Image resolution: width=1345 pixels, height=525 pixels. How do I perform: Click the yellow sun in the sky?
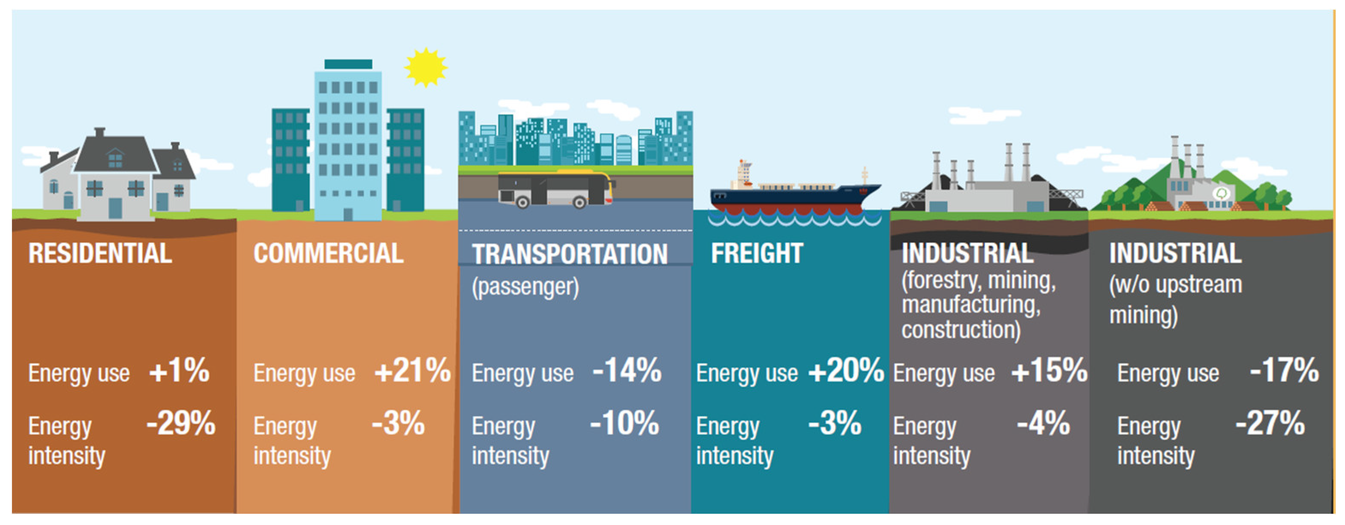coord(426,67)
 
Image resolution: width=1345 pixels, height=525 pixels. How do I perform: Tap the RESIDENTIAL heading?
coord(100,254)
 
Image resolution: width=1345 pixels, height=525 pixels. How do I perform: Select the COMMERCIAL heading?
coord(328,254)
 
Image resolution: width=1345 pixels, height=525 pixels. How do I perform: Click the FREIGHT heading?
coord(757,254)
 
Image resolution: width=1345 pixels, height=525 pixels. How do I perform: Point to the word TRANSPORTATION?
coord(570,255)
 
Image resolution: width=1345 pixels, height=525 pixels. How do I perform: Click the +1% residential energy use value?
coord(179,371)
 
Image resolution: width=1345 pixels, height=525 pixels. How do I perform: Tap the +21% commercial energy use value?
coord(412,371)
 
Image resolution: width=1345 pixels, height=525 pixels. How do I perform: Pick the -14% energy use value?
coord(627,371)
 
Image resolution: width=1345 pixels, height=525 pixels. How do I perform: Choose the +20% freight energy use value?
coord(846,371)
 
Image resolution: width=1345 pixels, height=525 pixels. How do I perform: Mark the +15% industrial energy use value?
coord(1049,371)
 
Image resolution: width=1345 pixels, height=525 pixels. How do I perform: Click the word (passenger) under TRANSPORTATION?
coord(525,287)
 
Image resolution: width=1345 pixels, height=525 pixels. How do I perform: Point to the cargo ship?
coord(795,192)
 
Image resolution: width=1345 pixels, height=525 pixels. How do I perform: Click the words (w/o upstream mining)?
coord(1175,300)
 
